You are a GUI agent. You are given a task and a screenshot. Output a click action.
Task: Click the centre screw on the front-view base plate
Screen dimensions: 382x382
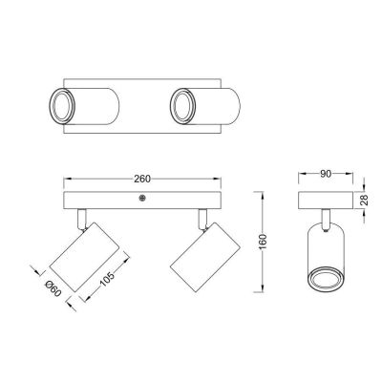(x=142, y=198)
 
